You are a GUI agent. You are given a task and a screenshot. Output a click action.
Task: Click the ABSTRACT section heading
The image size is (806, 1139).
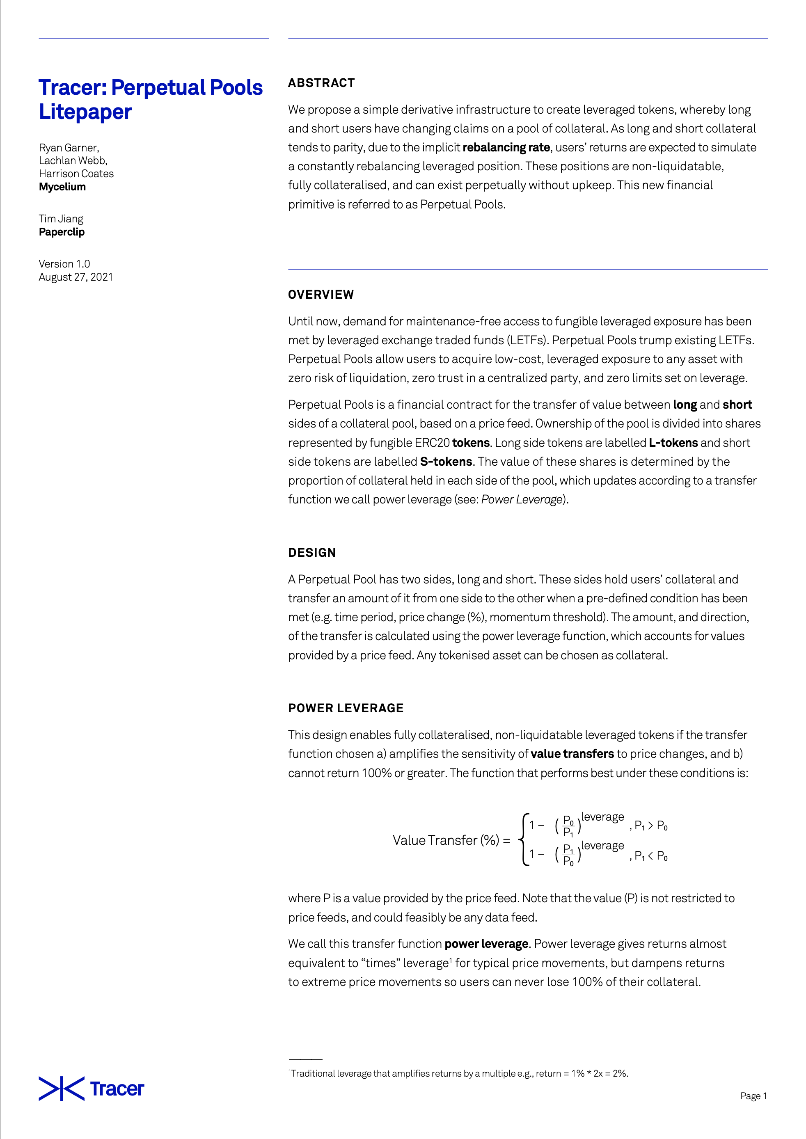(x=321, y=83)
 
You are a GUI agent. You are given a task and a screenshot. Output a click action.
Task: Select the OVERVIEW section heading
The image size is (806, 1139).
(x=321, y=294)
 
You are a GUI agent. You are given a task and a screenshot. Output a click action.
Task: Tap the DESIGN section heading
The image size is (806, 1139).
(x=311, y=553)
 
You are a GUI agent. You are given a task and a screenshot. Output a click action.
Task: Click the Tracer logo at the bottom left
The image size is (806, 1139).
(x=92, y=1089)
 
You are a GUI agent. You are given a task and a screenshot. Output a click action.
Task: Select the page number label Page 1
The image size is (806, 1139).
(x=753, y=1096)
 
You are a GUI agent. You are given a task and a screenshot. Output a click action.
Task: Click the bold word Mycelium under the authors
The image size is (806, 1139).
(x=62, y=187)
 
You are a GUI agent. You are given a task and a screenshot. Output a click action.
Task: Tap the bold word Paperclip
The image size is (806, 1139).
(x=62, y=232)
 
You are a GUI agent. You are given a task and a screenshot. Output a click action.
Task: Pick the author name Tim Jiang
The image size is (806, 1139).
(x=61, y=219)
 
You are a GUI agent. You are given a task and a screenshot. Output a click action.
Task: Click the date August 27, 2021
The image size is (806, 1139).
(x=76, y=277)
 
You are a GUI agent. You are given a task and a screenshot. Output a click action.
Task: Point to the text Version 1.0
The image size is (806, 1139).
(x=64, y=264)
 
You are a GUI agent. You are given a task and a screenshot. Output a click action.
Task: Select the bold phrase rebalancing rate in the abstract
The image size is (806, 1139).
(x=506, y=147)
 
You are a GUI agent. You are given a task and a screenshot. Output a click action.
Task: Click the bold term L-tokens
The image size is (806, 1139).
(x=673, y=442)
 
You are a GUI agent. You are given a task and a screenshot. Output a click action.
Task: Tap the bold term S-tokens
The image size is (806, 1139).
(x=446, y=461)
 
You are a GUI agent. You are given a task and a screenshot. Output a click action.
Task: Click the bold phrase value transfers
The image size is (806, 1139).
(x=572, y=754)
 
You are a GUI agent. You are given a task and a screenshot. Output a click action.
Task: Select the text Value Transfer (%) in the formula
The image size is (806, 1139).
(x=446, y=840)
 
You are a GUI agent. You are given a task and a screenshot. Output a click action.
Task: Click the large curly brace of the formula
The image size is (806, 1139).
(x=524, y=839)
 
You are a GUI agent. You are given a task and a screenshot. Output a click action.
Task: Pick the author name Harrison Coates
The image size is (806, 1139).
(x=76, y=174)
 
